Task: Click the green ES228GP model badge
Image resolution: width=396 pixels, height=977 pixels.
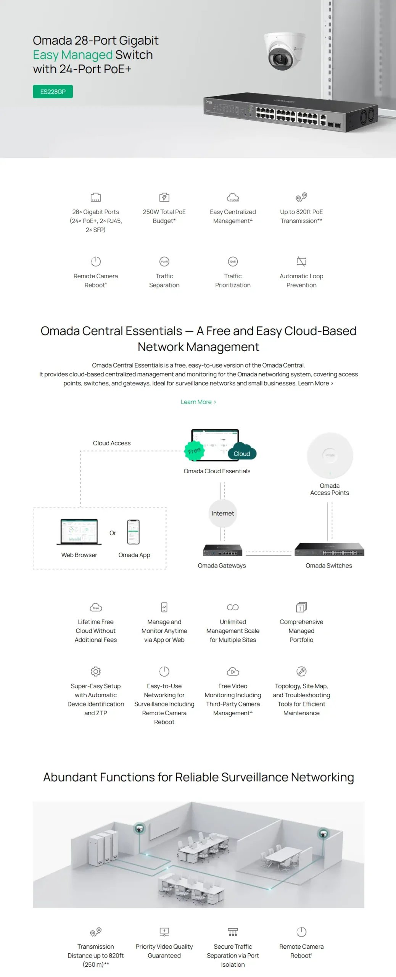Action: tap(53, 92)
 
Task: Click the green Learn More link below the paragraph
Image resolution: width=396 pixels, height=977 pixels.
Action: tap(198, 402)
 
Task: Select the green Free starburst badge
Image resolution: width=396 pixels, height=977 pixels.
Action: tap(195, 451)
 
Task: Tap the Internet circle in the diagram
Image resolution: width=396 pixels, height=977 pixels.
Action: tap(223, 513)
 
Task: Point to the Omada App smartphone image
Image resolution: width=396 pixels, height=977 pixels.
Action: tap(134, 532)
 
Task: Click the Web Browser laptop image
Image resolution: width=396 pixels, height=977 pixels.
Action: tap(79, 532)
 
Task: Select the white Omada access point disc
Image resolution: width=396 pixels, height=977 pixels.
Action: tap(330, 455)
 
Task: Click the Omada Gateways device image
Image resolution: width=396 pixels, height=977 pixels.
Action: tap(223, 550)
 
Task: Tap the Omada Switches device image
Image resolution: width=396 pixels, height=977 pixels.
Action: tap(329, 550)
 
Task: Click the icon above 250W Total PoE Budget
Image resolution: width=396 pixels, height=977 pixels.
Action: tap(164, 197)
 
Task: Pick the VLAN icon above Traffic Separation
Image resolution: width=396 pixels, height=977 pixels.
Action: tap(164, 261)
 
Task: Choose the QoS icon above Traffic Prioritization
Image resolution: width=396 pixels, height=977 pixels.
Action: tap(233, 261)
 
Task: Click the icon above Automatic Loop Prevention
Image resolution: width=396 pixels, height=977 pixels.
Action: tap(301, 261)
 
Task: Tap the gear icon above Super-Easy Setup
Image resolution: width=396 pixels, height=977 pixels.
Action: tap(96, 671)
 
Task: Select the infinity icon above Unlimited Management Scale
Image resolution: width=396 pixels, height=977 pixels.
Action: tap(233, 607)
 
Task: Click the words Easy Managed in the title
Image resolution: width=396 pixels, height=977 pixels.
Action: tap(73, 55)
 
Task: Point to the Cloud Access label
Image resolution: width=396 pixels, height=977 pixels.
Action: tap(112, 443)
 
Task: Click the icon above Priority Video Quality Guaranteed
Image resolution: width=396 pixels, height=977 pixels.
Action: tap(164, 932)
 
